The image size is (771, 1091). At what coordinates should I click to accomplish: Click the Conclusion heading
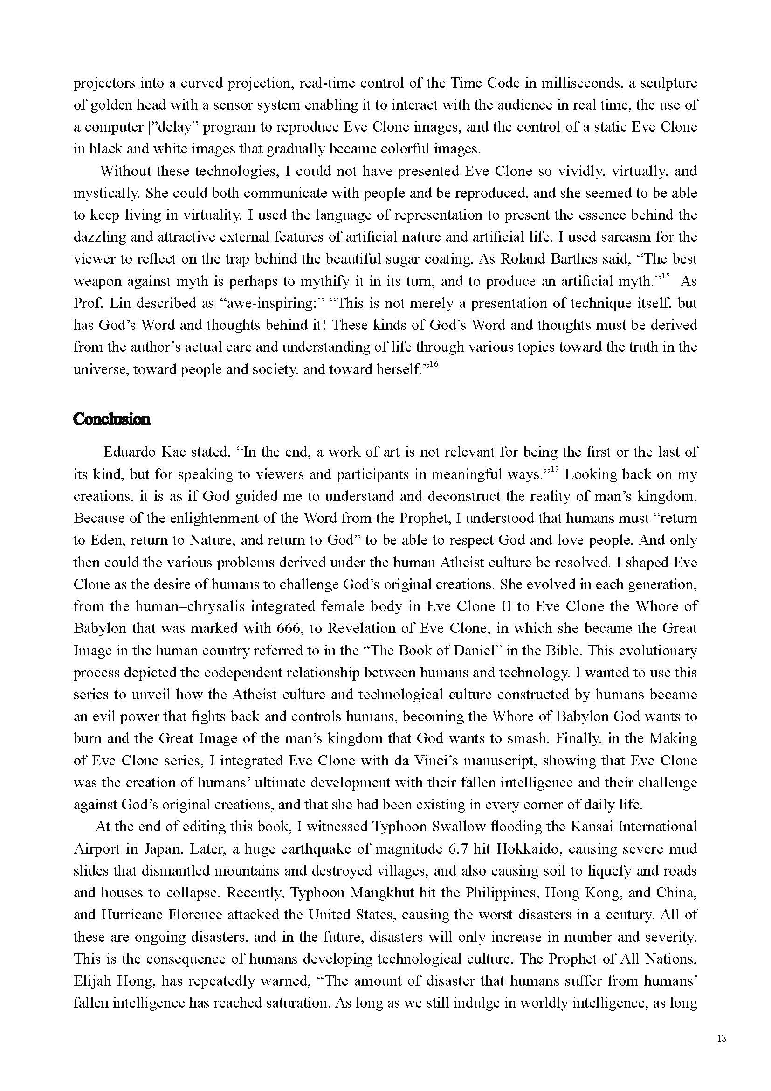[x=112, y=419]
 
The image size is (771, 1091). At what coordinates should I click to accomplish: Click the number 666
[x=287, y=628]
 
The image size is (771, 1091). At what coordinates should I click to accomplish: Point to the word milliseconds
[x=582, y=83]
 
